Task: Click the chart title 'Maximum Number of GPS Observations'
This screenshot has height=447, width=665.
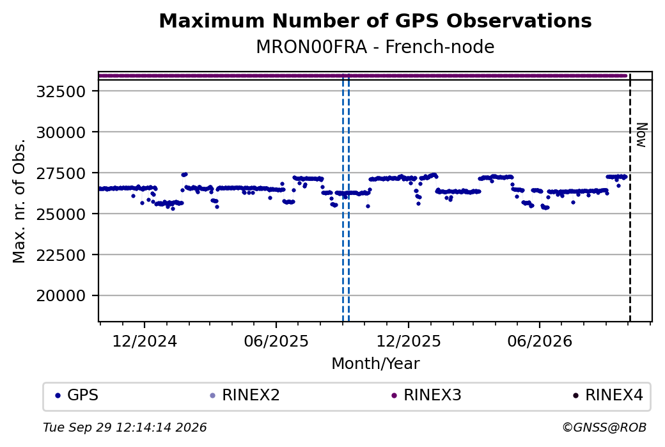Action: pos(375,20)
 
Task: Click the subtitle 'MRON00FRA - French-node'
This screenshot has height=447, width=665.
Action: pos(375,47)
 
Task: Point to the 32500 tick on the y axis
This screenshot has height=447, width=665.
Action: pos(61,91)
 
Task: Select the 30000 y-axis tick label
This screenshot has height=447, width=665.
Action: pos(61,132)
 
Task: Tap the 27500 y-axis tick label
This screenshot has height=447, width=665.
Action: pos(61,173)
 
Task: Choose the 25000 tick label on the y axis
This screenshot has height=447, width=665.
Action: pos(61,214)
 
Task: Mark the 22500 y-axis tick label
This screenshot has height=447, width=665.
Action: pos(61,255)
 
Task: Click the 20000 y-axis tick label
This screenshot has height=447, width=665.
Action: pos(61,295)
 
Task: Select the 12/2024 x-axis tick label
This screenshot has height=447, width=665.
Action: pos(145,341)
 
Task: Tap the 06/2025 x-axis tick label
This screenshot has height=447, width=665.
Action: pos(276,341)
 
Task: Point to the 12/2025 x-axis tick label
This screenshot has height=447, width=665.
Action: pos(409,341)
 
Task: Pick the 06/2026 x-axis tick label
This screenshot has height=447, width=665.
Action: pos(540,341)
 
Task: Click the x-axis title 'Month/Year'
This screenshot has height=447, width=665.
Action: pos(375,363)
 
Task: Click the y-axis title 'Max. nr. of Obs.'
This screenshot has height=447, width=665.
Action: pos(19,201)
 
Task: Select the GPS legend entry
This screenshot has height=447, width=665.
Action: pos(77,395)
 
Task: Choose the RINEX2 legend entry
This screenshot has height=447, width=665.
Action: pos(245,395)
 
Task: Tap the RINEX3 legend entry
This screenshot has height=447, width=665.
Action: pos(426,395)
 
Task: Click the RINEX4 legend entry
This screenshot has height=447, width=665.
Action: pos(608,395)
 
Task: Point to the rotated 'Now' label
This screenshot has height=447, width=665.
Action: pos(642,136)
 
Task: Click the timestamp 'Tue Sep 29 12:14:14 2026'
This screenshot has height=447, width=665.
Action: pos(125,427)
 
